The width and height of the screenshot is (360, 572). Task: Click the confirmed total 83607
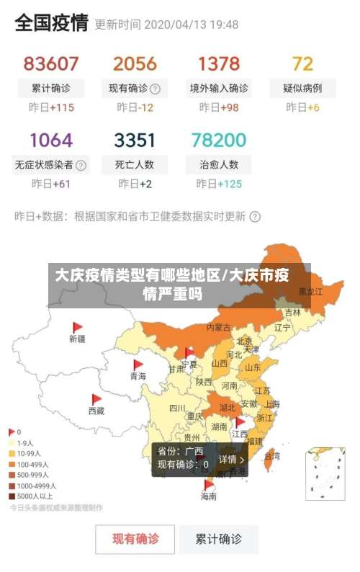coord(51,63)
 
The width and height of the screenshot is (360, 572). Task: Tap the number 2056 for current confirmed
coord(135,63)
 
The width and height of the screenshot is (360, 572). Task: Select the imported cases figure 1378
coord(219,63)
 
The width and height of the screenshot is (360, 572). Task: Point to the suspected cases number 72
coord(303,63)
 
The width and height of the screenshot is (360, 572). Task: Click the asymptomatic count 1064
coord(51,140)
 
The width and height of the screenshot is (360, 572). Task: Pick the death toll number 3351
coord(135,140)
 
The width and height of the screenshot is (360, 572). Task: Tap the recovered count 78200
coord(219,140)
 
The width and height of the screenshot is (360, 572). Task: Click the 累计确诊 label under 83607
coord(51,89)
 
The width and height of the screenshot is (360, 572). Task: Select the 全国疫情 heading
coord(51,23)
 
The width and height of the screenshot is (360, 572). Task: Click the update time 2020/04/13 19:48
coord(191,24)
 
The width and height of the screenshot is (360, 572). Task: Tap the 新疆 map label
coord(77,338)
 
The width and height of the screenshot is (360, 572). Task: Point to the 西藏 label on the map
coord(96,411)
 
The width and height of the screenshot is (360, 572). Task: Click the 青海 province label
coord(138,376)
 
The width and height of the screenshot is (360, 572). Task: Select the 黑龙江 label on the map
coord(310,292)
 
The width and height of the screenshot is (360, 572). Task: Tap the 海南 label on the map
coord(208,496)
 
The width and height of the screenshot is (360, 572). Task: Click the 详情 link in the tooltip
coord(232,459)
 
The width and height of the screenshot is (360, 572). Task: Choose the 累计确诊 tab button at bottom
coord(220,539)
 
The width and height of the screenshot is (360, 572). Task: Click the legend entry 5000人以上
coord(35,496)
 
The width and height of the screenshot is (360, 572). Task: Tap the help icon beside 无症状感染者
coord(81,165)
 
